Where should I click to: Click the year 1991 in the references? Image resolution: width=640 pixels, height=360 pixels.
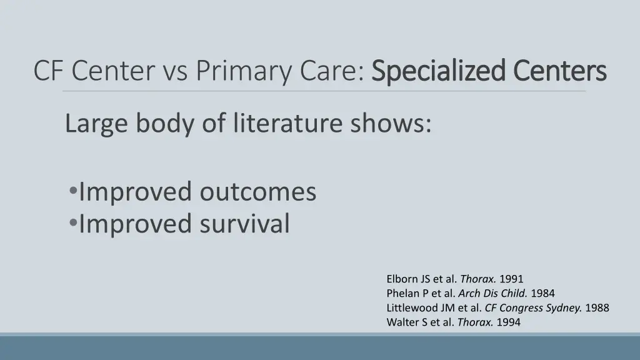(511, 279)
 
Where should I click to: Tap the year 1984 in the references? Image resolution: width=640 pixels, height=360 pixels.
(542, 293)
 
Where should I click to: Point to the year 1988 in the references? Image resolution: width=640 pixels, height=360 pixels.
(597, 307)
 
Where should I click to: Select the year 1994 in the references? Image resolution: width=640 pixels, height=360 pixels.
(508, 322)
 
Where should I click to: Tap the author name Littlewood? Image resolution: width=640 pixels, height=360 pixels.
(412, 307)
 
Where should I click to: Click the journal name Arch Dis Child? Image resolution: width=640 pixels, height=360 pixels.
(493, 293)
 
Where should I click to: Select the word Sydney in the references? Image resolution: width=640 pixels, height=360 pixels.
(566, 307)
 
